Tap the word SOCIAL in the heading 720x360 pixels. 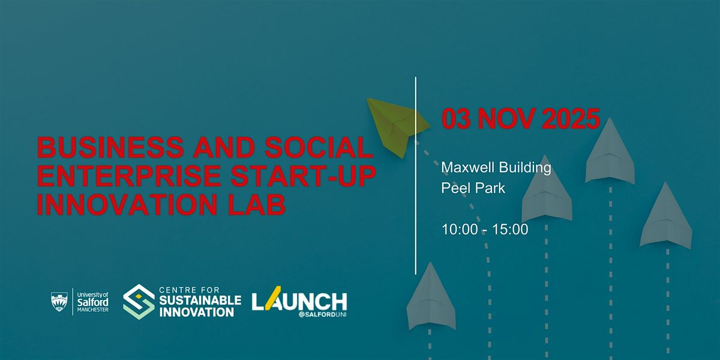tap(319, 147)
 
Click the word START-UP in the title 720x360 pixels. tap(304, 176)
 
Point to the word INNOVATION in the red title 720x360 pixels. tap(127, 205)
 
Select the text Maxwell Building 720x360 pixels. tap(496, 167)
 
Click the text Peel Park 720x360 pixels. tap(473, 188)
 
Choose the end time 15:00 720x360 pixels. tap(510, 229)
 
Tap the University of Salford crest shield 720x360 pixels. tap(59, 301)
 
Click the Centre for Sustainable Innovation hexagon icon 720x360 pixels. tap(139, 301)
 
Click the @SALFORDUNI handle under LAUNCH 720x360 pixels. tap(322, 314)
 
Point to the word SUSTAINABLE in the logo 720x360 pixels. tap(200, 301)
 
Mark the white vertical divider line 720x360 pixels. tap(416, 176)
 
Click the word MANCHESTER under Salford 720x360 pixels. tap(93, 310)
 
